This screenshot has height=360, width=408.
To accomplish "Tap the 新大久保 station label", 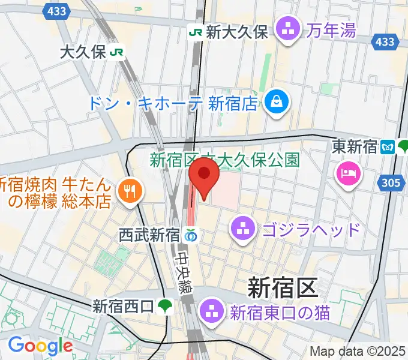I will click(236, 32).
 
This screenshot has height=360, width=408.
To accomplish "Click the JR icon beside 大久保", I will click(117, 52).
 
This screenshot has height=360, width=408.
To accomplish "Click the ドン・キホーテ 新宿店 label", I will click(173, 103).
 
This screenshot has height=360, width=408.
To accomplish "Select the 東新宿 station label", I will click(355, 146).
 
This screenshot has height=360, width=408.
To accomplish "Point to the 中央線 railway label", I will click(183, 272).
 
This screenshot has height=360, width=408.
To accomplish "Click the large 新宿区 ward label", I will click(282, 289).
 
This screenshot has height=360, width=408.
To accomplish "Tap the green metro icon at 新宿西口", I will click(165, 307).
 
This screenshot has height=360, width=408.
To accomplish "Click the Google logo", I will click(40, 346).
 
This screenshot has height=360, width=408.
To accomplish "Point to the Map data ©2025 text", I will click(357, 352).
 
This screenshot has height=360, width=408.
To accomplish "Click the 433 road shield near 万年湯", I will click(385, 41).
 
